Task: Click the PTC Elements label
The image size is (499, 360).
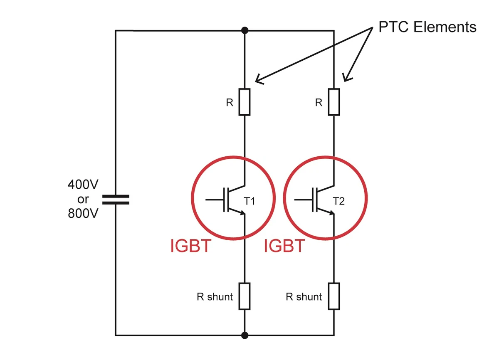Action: click(427, 27)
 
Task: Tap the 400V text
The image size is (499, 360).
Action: click(83, 184)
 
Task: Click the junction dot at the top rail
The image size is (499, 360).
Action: click(245, 30)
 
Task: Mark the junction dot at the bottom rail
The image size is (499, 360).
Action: click(245, 335)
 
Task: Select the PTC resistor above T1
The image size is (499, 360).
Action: click(245, 102)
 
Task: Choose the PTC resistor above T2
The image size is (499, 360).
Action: click(334, 102)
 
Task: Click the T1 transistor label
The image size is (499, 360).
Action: click(249, 202)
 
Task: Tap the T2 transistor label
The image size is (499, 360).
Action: click(339, 202)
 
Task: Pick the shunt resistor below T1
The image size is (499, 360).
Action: click(245, 296)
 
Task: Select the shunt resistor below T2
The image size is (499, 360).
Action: click(334, 296)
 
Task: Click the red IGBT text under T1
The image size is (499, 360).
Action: click(191, 247)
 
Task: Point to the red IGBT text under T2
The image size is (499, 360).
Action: click(284, 247)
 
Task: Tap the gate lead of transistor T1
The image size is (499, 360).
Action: click(214, 200)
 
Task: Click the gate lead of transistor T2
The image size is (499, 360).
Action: click(303, 200)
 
